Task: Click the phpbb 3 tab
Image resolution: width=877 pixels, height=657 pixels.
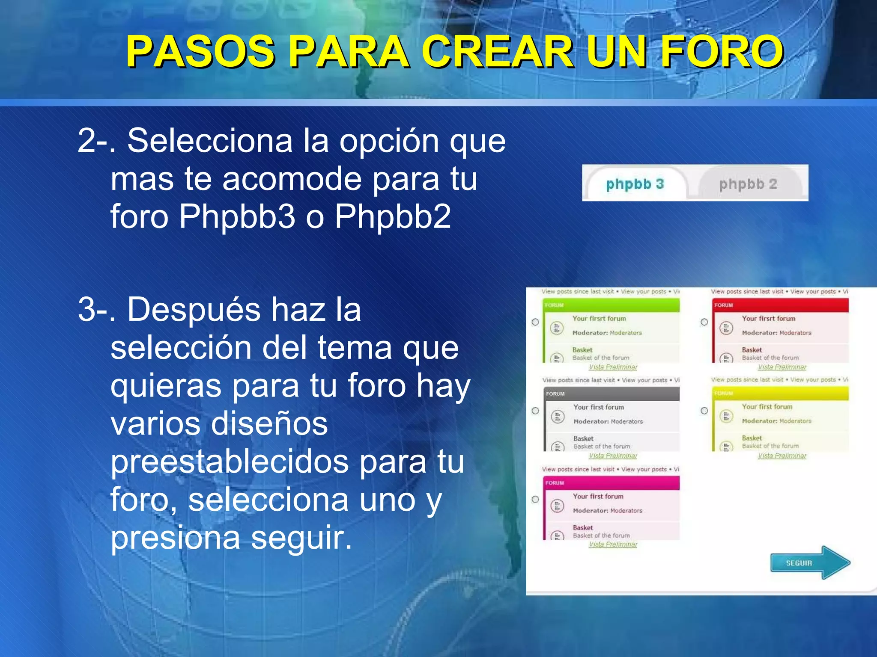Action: point(635,184)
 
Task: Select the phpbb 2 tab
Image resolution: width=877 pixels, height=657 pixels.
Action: point(748,184)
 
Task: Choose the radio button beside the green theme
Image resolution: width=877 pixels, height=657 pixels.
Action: point(535,322)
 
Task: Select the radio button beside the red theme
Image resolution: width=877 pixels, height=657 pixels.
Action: point(704,322)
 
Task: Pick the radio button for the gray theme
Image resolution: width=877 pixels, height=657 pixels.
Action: point(535,411)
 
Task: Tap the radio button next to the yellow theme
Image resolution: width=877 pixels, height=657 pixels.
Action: point(704,411)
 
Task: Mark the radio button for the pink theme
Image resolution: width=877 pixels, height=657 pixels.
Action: point(535,499)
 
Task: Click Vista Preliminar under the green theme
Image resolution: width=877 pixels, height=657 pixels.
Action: point(613,367)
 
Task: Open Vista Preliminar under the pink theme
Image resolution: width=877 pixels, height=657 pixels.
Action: point(613,544)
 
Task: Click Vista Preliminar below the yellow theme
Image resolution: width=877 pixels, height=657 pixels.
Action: point(782,456)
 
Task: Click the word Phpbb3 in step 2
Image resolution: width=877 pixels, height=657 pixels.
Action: point(237,216)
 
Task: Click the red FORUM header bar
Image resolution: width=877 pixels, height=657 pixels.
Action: point(780,305)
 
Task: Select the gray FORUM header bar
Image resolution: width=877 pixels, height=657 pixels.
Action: point(612,394)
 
